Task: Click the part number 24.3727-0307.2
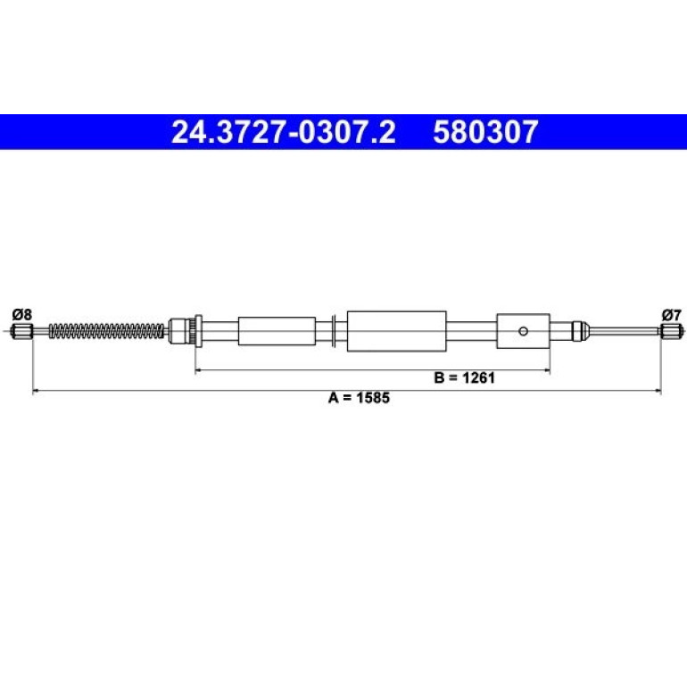click(284, 132)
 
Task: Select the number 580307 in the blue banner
click(485, 132)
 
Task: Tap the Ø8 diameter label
click(22, 314)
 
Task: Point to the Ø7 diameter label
click(671, 314)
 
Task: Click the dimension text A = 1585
click(359, 398)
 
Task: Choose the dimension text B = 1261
click(465, 377)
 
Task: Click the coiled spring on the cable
click(106, 331)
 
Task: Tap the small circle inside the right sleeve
click(523, 331)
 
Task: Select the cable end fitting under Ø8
click(21, 331)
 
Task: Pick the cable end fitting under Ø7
click(672, 331)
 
